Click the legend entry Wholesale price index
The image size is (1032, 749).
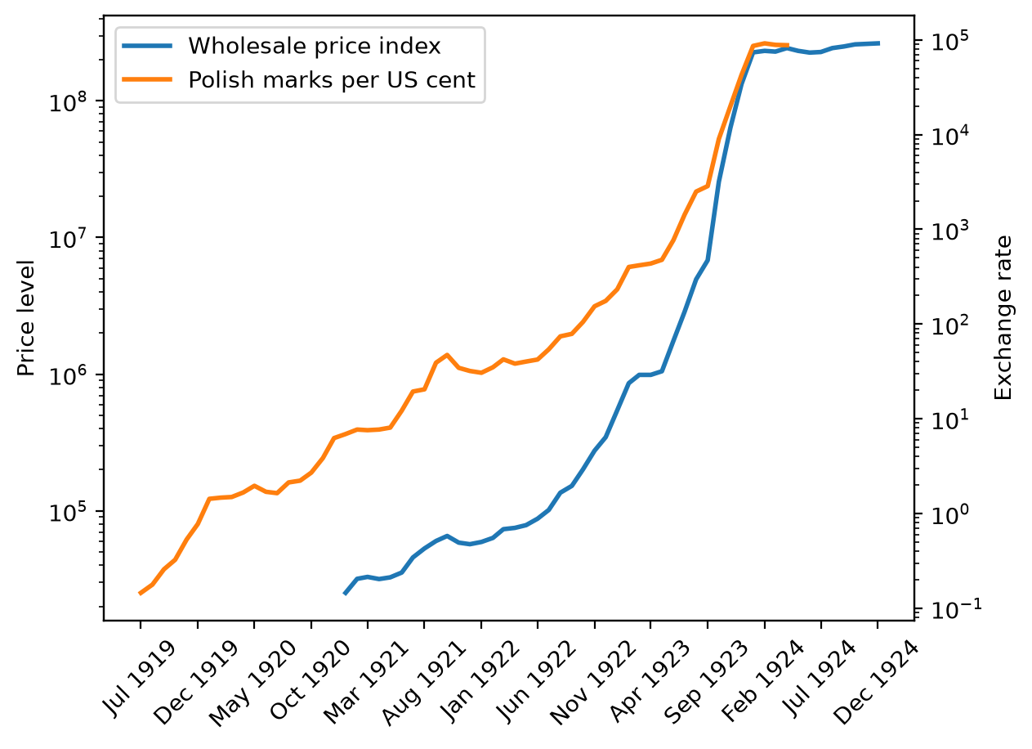pos(315,46)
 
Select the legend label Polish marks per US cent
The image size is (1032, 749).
pos(332,80)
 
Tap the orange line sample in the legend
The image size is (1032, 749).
pos(147,79)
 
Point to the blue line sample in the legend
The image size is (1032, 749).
pos(147,46)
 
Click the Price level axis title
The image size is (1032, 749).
pos(26,319)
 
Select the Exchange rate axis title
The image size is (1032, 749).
pos(1003,318)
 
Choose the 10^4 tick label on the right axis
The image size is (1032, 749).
pos(950,136)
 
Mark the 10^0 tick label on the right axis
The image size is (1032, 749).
pos(950,515)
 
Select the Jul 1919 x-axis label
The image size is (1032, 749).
pos(139,679)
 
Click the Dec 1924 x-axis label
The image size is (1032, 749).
pos(876,683)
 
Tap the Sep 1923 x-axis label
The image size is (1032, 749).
pos(706,683)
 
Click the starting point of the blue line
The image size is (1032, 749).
pos(345,594)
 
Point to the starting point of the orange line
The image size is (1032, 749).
pos(140,594)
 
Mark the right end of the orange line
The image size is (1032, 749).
pos(789,45)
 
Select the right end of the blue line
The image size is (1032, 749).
pos(879,43)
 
